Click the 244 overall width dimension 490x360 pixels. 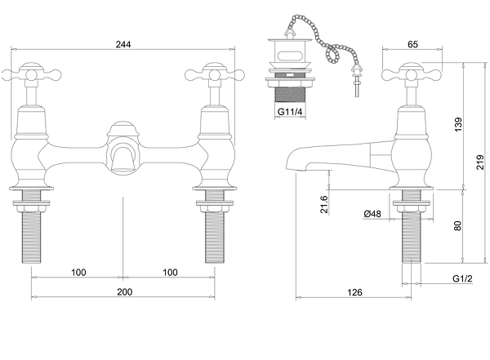pyautogui.click(x=123, y=44)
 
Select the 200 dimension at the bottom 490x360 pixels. pyautogui.click(x=123, y=291)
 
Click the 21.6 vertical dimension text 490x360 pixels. pyautogui.click(x=324, y=204)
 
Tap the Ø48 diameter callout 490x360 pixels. pyautogui.click(x=372, y=214)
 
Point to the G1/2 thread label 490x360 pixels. pyautogui.click(x=463, y=278)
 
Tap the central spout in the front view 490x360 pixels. pyautogui.click(x=123, y=151)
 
